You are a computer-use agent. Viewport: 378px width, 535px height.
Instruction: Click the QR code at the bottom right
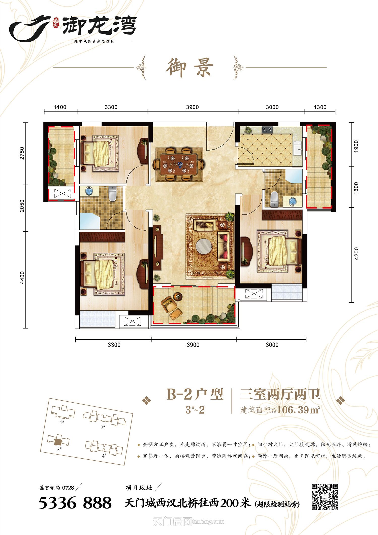click(325, 497)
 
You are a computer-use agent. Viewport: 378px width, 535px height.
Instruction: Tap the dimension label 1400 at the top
click(60, 107)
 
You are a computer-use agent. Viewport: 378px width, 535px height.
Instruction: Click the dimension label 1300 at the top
click(320, 107)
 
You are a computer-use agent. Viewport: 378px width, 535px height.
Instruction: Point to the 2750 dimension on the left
click(22, 153)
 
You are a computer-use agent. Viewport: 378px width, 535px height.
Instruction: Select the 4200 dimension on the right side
click(356, 254)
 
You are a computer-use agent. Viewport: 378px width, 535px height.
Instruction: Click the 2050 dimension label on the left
click(22, 206)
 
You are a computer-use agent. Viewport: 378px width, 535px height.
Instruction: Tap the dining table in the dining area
click(179, 165)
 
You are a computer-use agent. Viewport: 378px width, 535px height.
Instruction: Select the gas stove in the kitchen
click(267, 130)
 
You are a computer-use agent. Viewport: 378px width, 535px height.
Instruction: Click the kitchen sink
click(298, 147)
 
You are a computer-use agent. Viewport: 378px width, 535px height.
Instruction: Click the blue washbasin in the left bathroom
click(89, 191)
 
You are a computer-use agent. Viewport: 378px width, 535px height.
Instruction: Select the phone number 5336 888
click(75, 503)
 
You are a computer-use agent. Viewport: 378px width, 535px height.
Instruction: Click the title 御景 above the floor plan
click(190, 67)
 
